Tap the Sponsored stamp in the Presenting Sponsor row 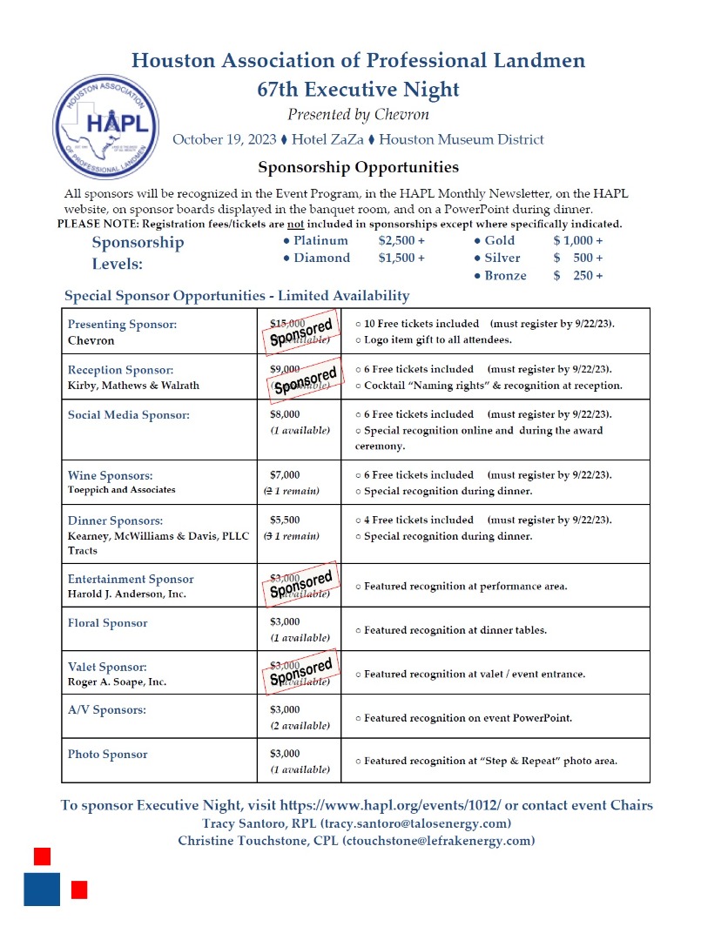pyautogui.click(x=300, y=331)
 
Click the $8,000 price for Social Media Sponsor pyautogui.click(x=285, y=415)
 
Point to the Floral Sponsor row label pyautogui.click(x=108, y=623)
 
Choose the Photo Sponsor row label pyautogui.click(x=108, y=755)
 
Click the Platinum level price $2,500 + pyautogui.click(x=401, y=240)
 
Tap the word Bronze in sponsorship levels pyautogui.click(x=505, y=276)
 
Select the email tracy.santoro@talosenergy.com pyautogui.click(x=415, y=823)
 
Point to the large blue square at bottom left pyautogui.click(x=42, y=889)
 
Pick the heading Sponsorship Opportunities pyautogui.click(x=358, y=167)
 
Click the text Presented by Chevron pyautogui.click(x=358, y=115)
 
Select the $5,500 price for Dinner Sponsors pyautogui.click(x=285, y=520)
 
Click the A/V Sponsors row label pyautogui.click(x=107, y=710)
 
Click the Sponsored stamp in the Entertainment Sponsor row pyautogui.click(x=300, y=585)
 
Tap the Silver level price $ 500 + pyautogui.click(x=577, y=258)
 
